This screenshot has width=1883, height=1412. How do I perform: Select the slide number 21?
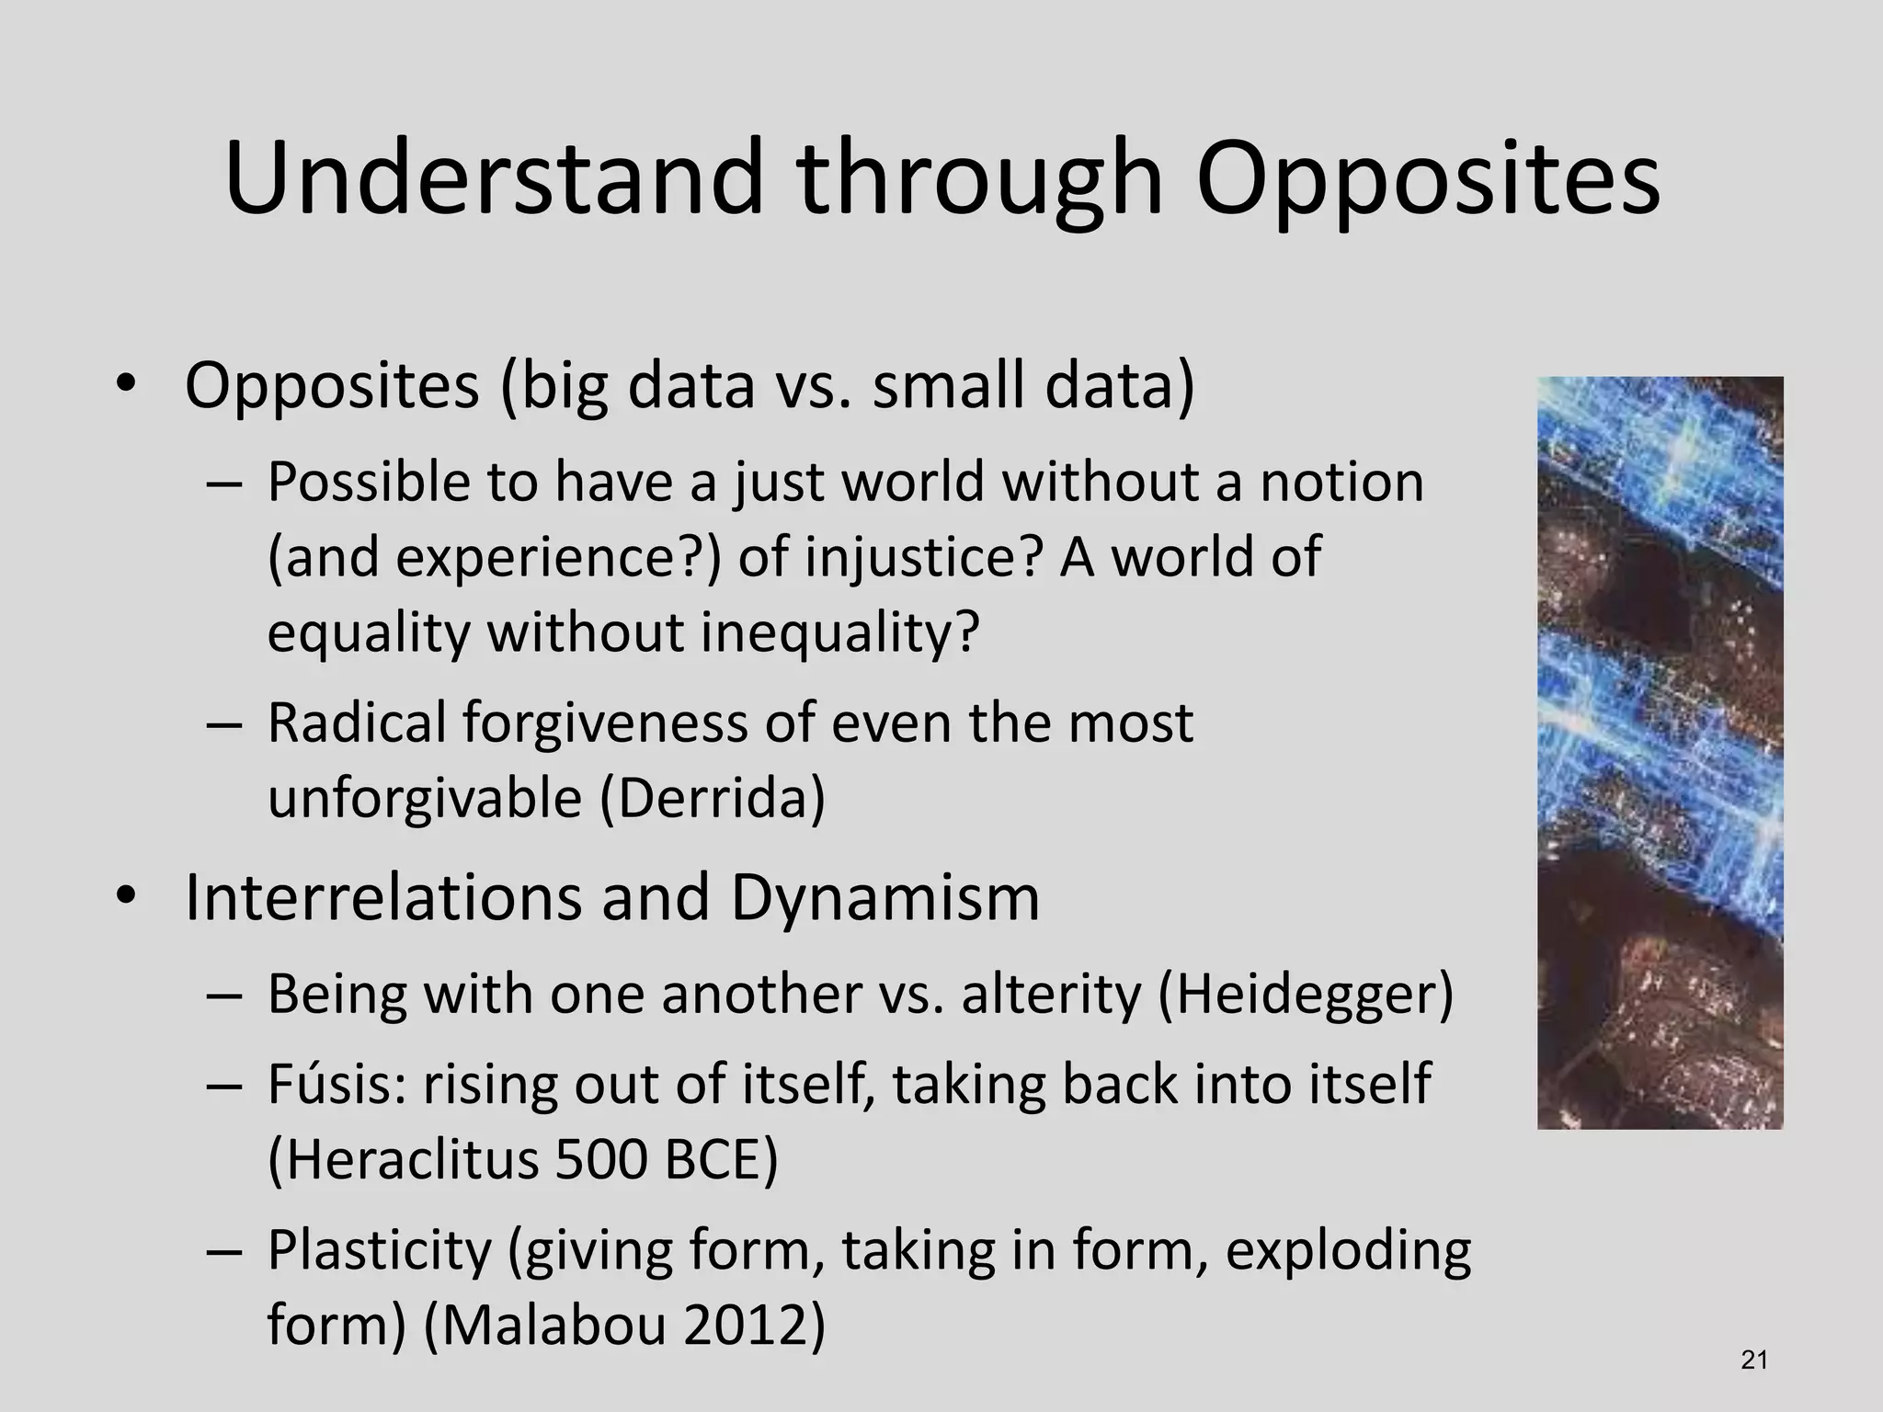click(1754, 1361)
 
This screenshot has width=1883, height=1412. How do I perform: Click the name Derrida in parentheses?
click(713, 798)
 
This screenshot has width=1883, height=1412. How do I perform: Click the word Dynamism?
click(884, 897)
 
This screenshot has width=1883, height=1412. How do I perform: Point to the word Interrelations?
click(383, 897)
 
